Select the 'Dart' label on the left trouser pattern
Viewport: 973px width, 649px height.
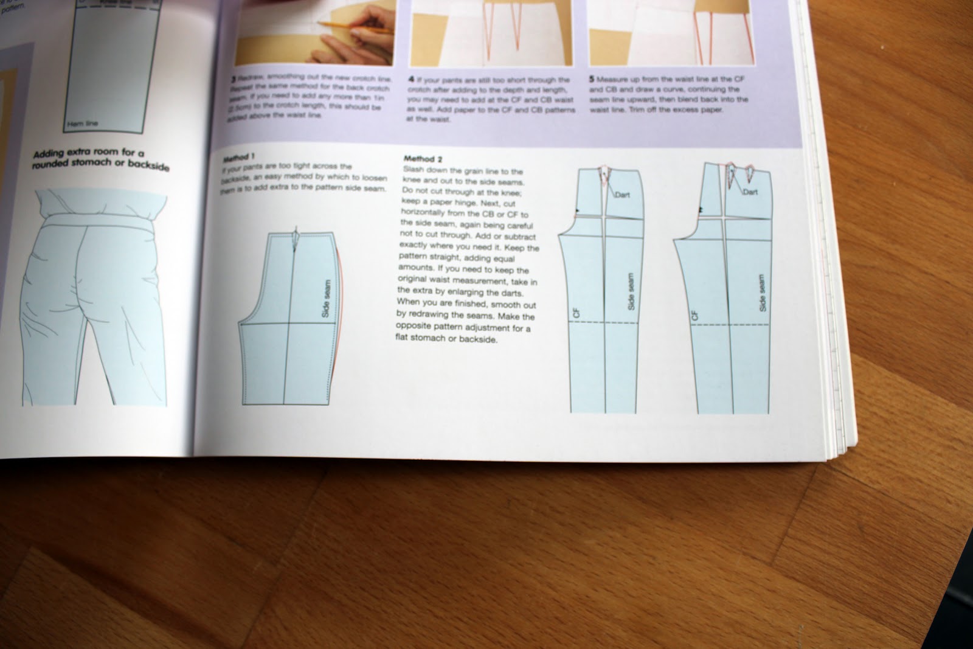point(622,195)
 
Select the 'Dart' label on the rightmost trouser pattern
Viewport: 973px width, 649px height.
point(750,192)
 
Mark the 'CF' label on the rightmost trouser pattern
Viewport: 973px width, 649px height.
point(694,316)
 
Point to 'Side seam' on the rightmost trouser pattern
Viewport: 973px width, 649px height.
point(763,293)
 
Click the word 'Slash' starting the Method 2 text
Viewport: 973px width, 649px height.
point(413,171)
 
